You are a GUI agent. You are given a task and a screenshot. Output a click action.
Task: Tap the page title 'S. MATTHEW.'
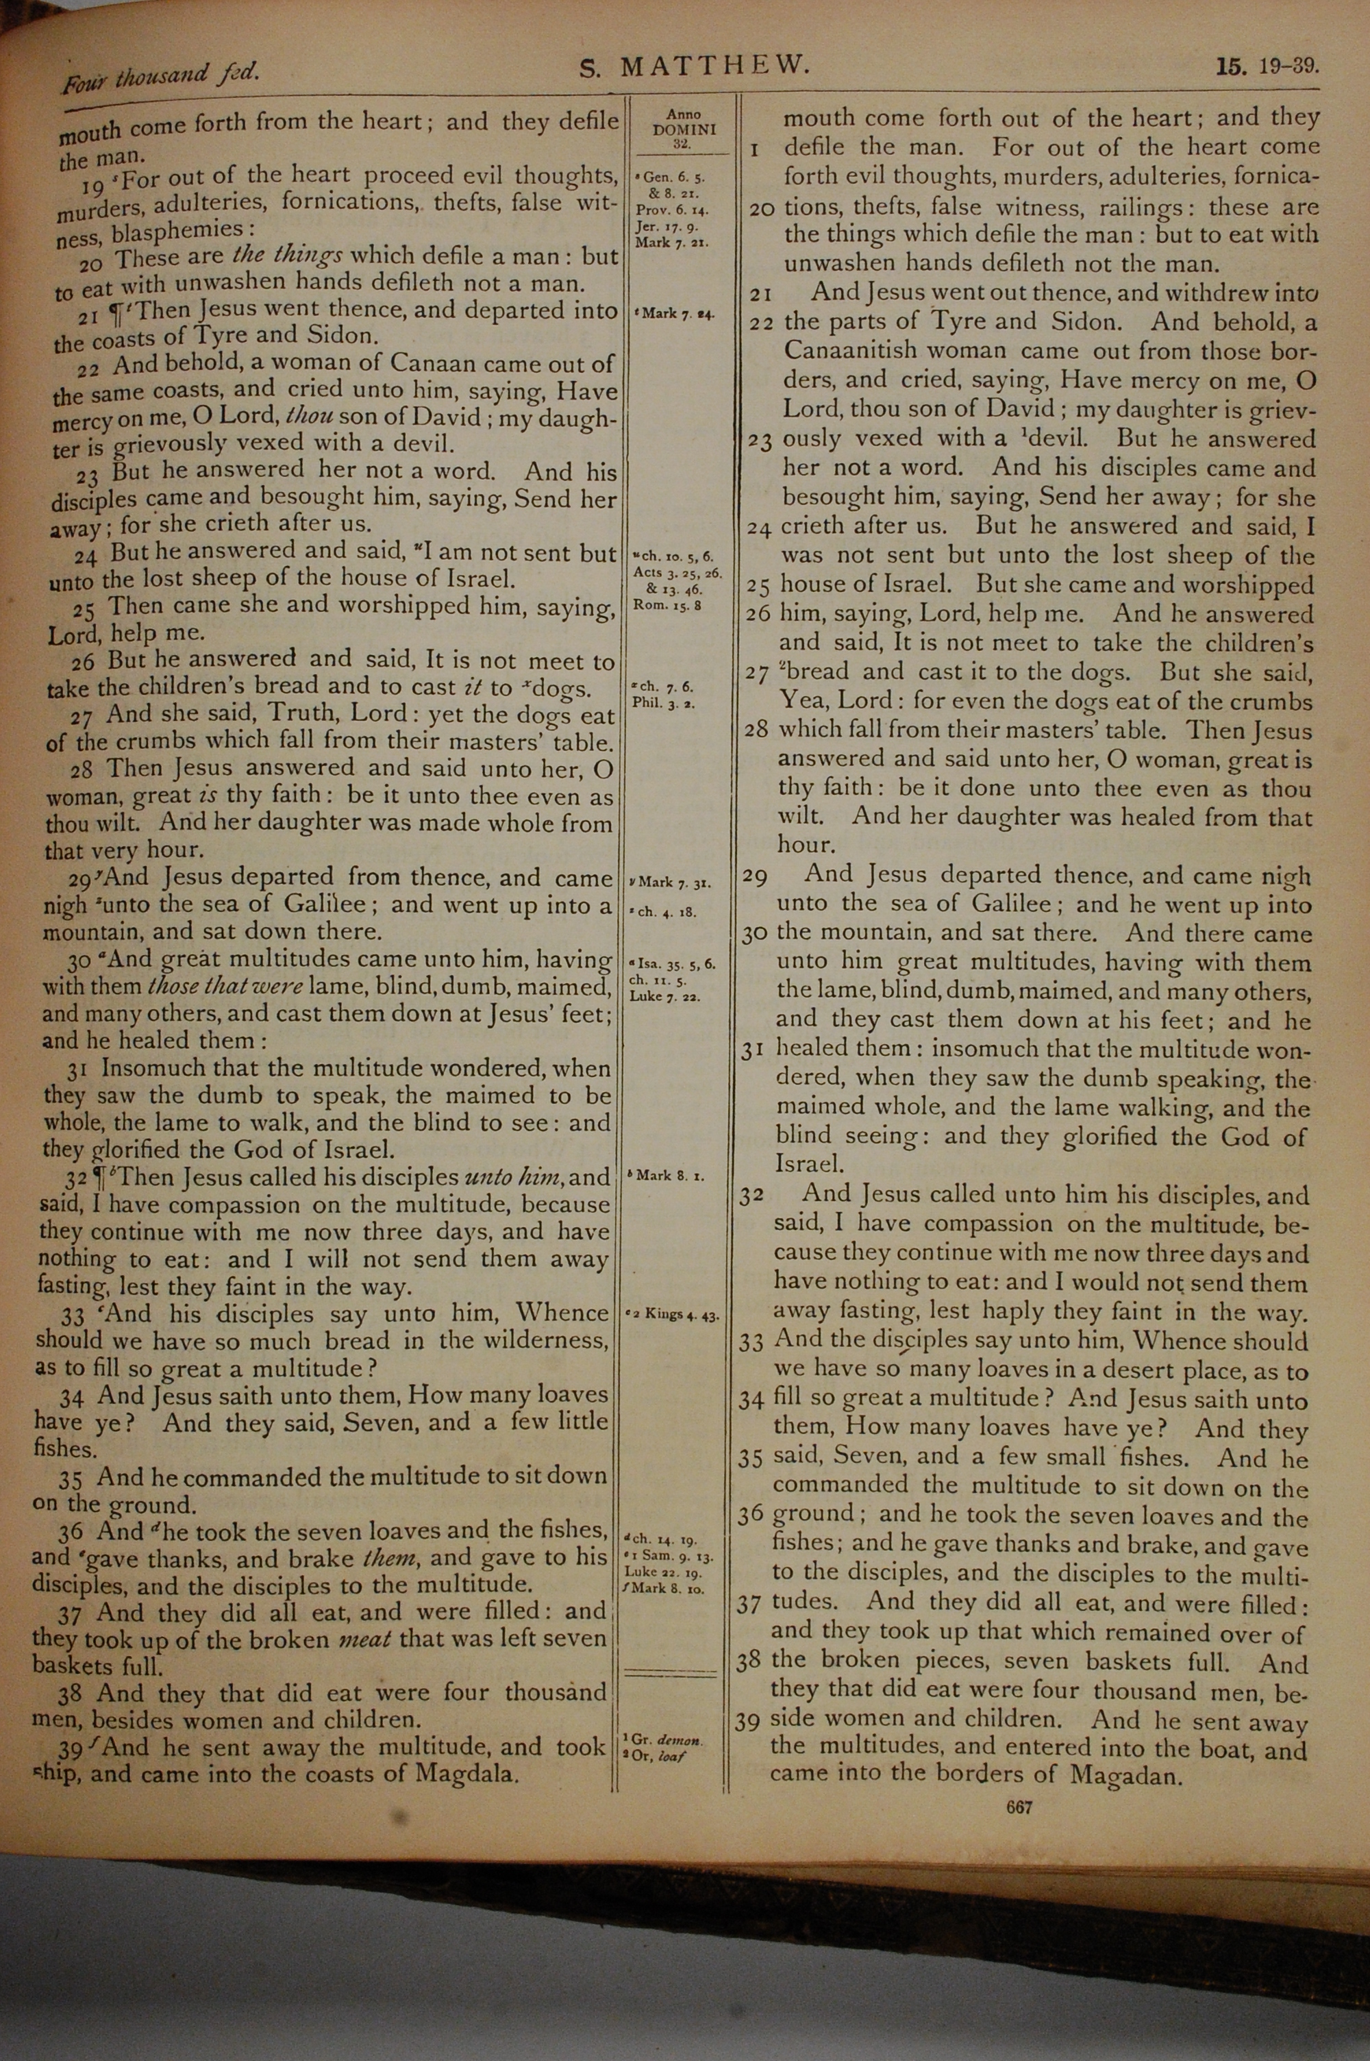coord(695,66)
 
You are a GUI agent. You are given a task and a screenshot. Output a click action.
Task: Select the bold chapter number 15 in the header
coord(1231,66)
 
